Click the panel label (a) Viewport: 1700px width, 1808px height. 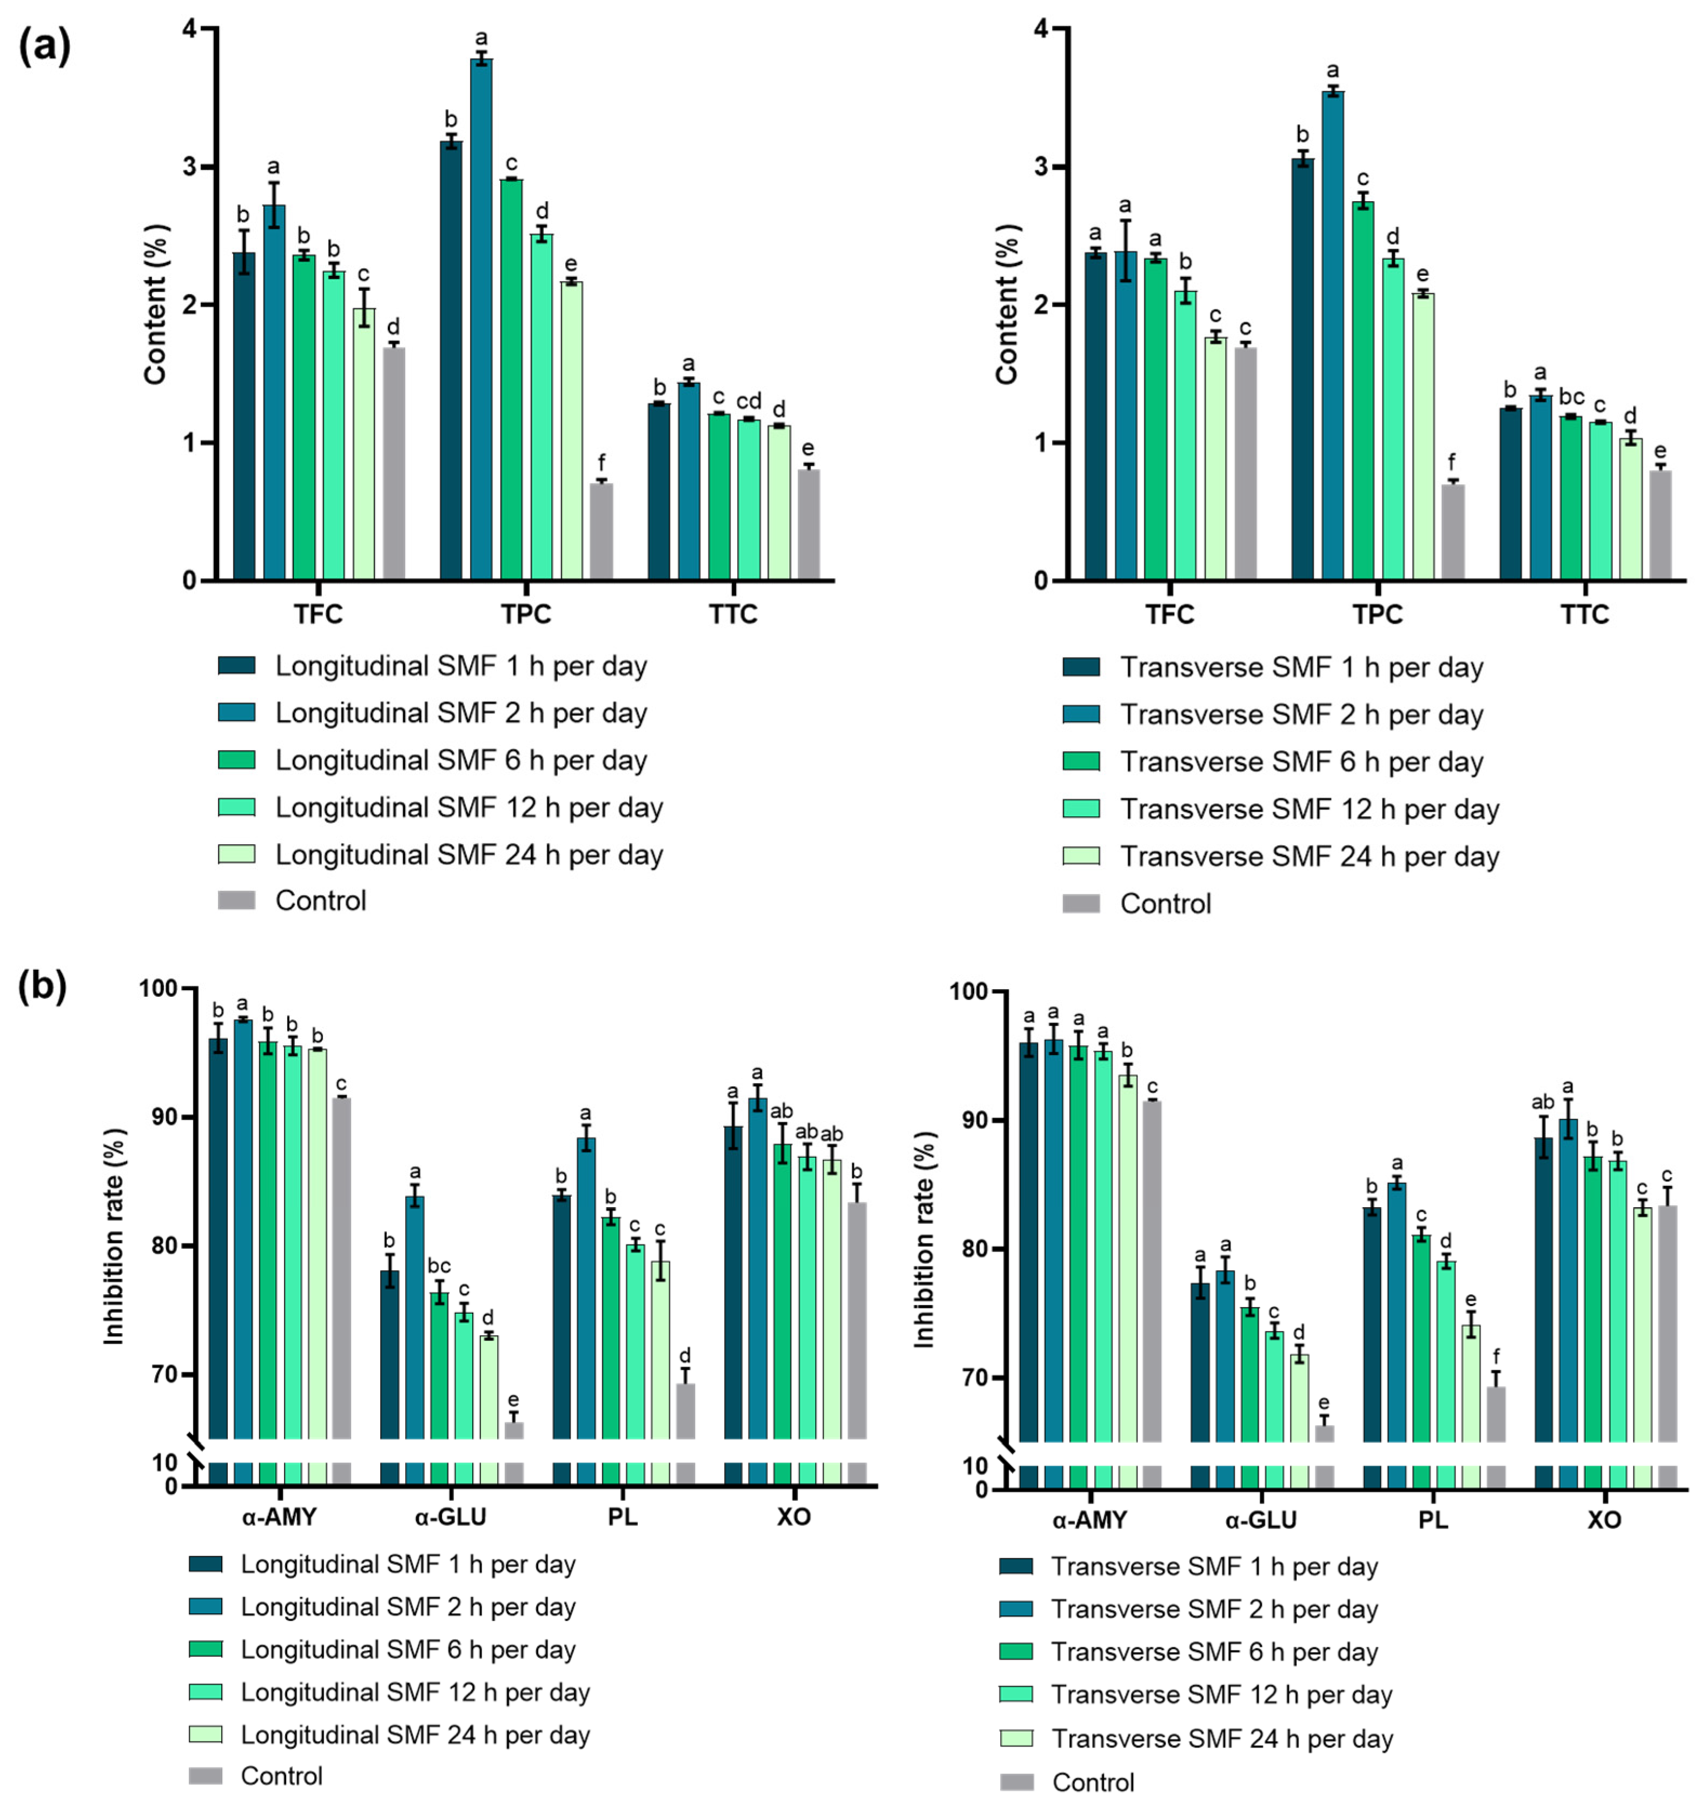44,47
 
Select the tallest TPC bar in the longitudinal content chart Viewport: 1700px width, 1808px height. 481,319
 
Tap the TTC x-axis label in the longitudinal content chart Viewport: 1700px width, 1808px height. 733,615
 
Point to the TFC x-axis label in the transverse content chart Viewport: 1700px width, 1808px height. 1170,615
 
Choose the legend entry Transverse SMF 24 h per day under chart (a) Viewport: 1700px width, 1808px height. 1309,857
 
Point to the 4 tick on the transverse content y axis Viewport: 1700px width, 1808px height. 1042,29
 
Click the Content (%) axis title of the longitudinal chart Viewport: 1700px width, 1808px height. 156,304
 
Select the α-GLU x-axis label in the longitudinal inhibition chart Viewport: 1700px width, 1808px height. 450,1517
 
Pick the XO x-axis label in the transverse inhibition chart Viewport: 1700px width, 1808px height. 1604,1520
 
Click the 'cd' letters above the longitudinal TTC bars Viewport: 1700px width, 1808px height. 749,401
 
